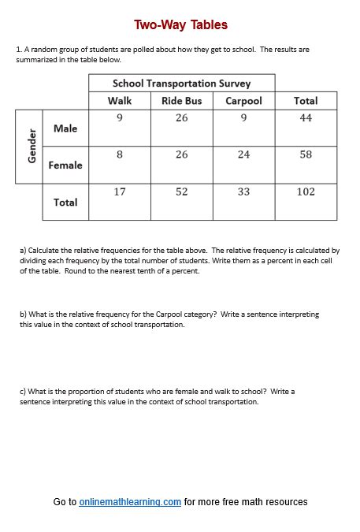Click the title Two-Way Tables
coord(180,25)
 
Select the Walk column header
coord(120,100)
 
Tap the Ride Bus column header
coord(181,100)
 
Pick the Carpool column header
coord(243,100)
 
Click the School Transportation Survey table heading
coord(181,83)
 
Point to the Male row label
coord(65,128)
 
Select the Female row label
coord(65,166)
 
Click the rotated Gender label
coord(32,146)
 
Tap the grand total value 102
coord(306,192)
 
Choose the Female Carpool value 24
coord(243,154)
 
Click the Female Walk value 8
coord(120,154)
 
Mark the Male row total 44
coord(306,117)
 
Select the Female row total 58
coord(306,154)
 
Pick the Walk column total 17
coord(120,192)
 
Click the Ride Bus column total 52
coord(181,192)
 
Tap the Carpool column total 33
coord(243,192)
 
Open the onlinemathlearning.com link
coord(130,502)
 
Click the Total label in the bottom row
coord(65,203)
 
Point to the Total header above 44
coord(306,100)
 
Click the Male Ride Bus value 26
coord(181,117)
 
